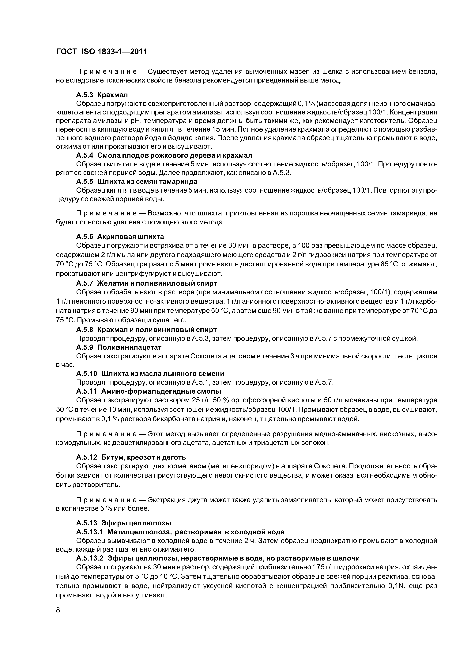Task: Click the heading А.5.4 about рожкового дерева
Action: (164, 155)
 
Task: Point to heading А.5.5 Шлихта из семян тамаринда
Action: (136, 182)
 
